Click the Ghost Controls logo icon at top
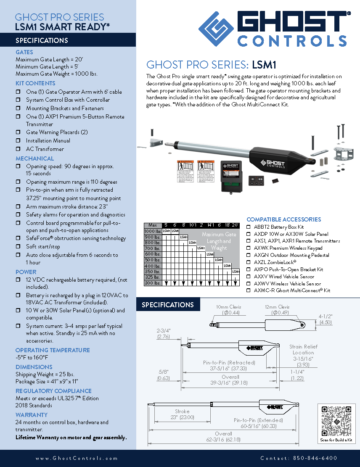point(216,28)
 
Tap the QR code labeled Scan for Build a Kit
point(336,421)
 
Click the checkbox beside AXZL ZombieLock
point(249,262)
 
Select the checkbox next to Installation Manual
point(18,141)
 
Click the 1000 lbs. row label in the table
point(153,231)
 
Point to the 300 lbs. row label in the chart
point(153,283)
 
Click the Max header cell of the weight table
point(153,225)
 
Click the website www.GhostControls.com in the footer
point(77,458)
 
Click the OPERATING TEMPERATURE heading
point(53,350)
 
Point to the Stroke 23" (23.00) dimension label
point(182,414)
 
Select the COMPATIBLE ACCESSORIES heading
point(283,219)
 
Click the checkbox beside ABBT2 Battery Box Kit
point(249,227)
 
